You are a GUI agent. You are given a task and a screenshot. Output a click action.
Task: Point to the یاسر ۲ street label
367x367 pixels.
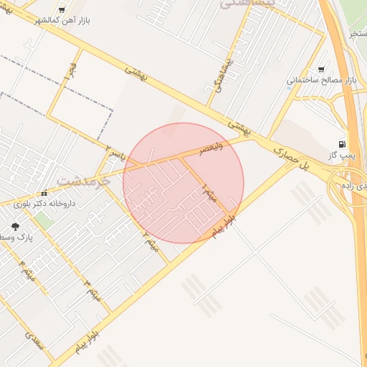click(114, 152)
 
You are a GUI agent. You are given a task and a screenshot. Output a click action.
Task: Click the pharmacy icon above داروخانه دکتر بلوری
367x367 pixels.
click(44, 192)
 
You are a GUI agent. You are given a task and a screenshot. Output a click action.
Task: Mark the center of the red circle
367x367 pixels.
click(183, 183)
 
